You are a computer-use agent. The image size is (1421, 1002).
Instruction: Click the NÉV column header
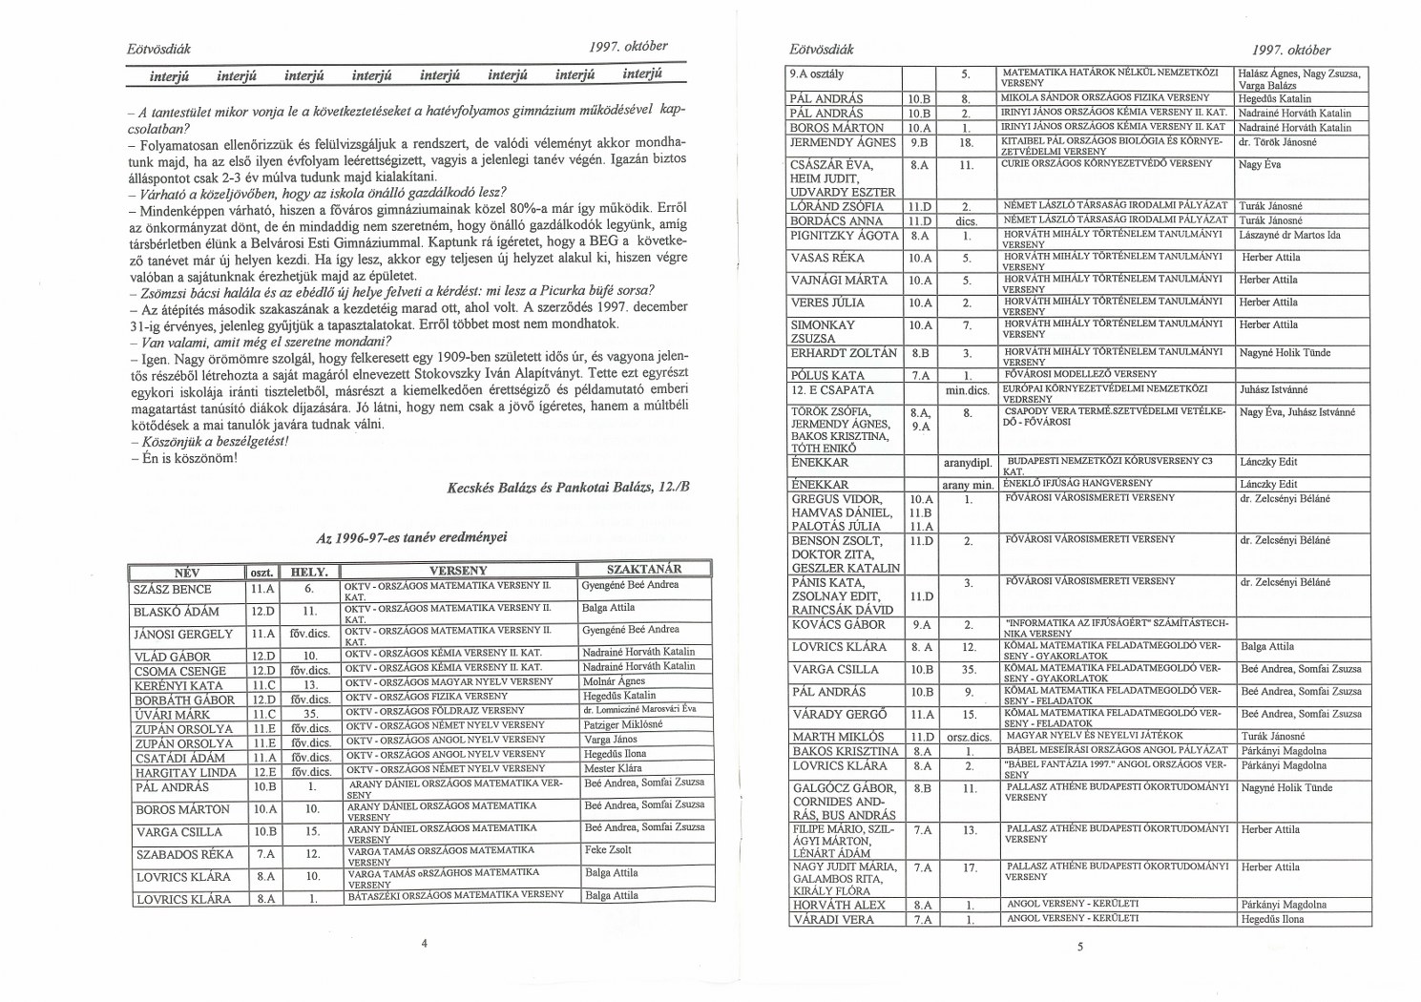pyautogui.click(x=186, y=573)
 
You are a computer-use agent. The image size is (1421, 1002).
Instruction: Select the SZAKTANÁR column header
pyautogui.click(x=644, y=569)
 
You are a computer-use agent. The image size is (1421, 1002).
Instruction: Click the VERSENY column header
pyautogui.click(x=458, y=571)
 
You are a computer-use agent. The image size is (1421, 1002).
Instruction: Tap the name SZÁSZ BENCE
pyautogui.click(x=173, y=590)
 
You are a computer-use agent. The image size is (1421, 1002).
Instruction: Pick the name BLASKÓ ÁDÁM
pyautogui.click(x=177, y=612)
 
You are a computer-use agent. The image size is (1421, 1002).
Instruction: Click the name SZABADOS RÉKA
pyautogui.click(x=185, y=854)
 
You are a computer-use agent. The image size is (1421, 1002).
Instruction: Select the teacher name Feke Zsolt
pyautogui.click(x=608, y=849)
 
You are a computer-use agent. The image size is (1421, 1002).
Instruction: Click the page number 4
pyautogui.click(x=424, y=942)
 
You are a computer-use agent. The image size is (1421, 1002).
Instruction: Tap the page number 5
pyautogui.click(x=1080, y=948)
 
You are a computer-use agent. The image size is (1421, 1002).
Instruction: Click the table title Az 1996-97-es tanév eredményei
pyautogui.click(x=411, y=537)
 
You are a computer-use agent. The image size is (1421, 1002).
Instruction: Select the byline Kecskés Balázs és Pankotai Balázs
pyautogui.click(x=567, y=488)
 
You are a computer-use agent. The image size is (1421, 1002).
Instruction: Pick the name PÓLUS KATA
pyautogui.click(x=826, y=375)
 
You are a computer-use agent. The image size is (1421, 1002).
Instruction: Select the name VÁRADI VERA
pyautogui.click(x=832, y=919)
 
